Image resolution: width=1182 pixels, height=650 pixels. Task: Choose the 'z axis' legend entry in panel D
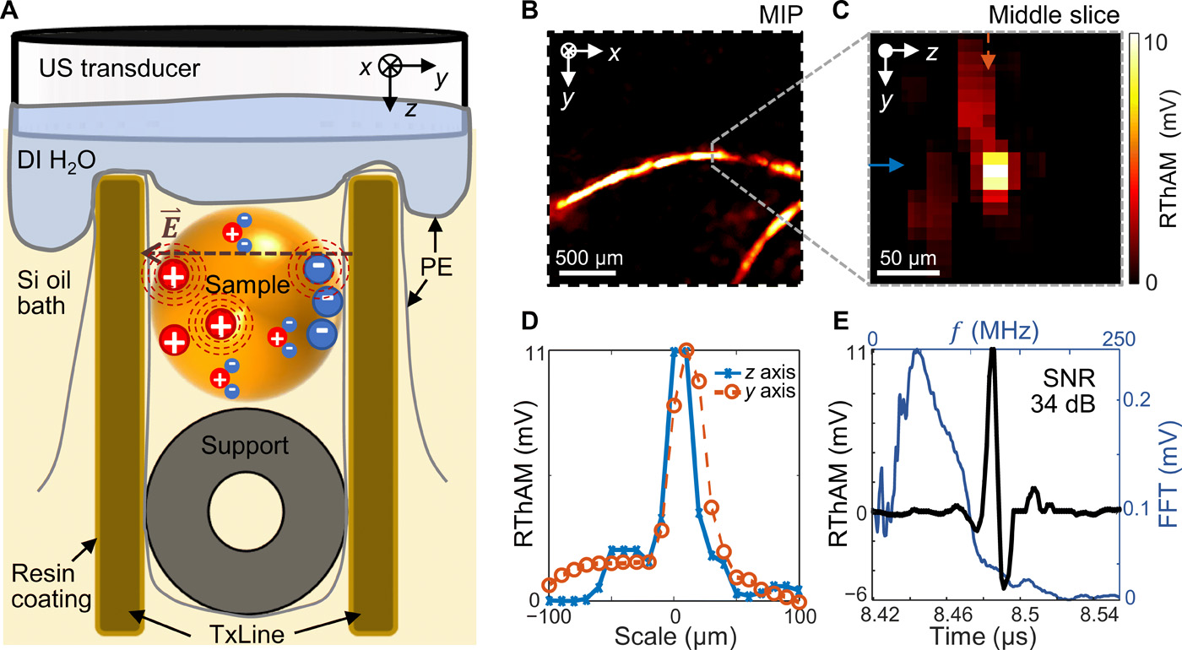click(x=761, y=372)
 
